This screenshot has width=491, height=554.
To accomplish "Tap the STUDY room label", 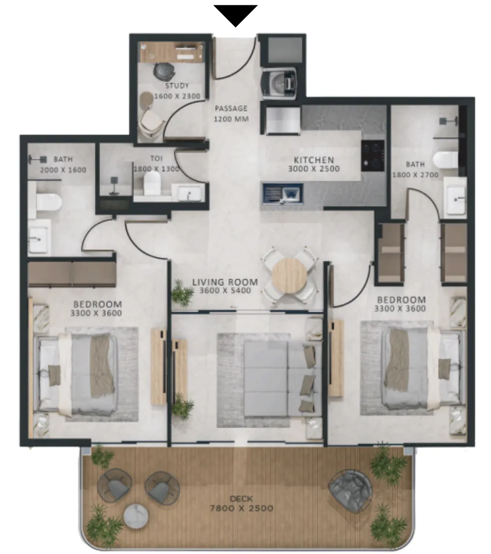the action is click(177, 86).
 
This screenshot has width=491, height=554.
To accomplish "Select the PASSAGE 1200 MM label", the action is click(232, 114).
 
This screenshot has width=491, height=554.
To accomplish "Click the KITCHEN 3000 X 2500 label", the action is click(314, 164).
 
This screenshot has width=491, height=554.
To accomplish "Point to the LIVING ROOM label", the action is click(225, 282).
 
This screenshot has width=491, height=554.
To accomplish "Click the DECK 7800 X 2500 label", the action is click(242, 503).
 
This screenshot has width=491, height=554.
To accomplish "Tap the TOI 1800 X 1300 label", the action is click(156, 164).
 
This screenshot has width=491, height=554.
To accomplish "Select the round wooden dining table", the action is click(290, 276).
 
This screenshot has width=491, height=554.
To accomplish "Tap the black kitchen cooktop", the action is click(372, 156).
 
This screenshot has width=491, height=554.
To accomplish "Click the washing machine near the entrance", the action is click(279, 83).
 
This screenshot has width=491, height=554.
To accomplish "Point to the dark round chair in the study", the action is click(164, 71).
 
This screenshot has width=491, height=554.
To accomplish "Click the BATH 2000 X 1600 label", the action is click(63, 165).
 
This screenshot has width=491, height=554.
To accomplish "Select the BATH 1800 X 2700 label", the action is click(415, 170).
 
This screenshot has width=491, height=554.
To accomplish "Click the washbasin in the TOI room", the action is click(189, 193).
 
